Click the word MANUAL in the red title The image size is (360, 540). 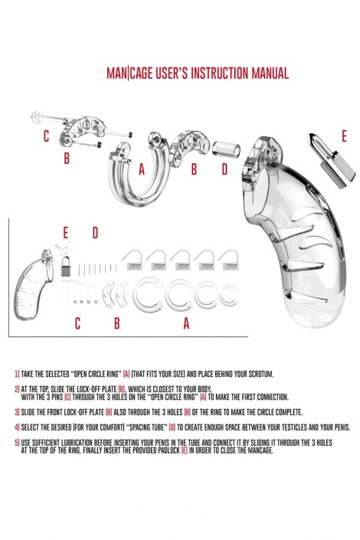[270, 74]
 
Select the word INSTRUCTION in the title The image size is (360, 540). [219, 74]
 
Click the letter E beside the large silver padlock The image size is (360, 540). [344, 136]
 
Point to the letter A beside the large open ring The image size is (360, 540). [142, 169]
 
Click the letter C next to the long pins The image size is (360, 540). [46, 136]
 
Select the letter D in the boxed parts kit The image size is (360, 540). [95, 233]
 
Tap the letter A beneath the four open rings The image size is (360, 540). [186, 323]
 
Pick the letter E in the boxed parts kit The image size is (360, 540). [65, 233]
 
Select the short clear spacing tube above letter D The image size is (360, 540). [226, 149]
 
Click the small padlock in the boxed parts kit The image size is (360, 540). [65, 265]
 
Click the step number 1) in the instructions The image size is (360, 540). [17, 374]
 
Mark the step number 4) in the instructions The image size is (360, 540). [17, 427]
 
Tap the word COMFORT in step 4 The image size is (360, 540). [113, 427]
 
